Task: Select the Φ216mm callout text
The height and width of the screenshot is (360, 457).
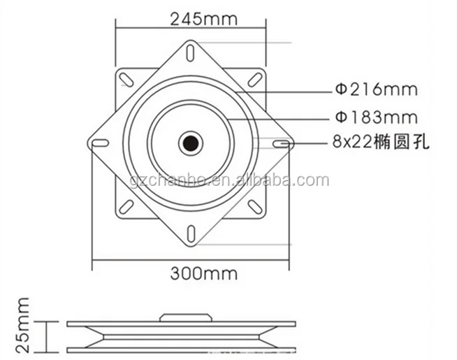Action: point(375,89)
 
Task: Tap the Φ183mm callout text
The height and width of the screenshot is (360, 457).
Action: point(375,117)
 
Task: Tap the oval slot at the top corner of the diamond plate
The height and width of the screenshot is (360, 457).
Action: point(191,52)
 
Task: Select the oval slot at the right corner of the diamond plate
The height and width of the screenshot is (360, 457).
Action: point(282,144)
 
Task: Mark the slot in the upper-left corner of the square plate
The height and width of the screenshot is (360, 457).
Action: point(126,78)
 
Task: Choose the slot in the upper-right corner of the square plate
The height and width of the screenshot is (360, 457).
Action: point(255,78)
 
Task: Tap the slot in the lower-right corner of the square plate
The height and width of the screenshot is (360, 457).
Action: point(255,208)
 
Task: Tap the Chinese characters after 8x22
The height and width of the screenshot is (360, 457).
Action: point(406,144)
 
